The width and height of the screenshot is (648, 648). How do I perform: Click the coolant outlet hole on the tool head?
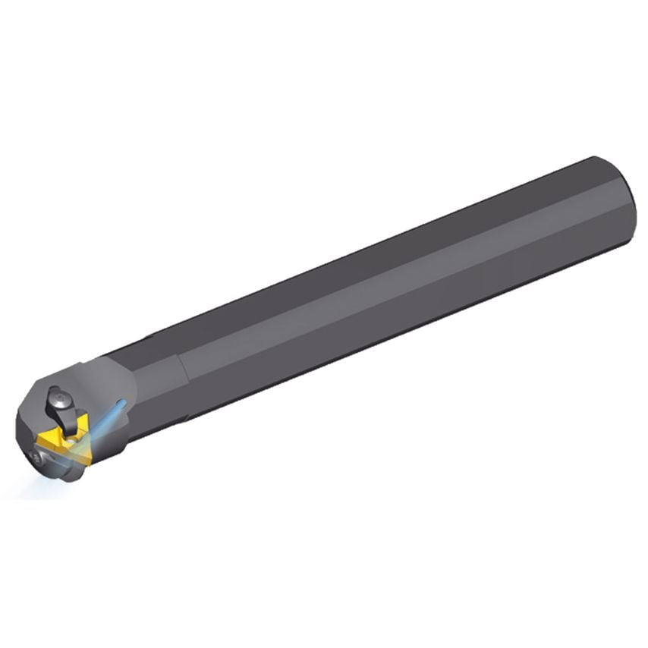coord(123,402)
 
